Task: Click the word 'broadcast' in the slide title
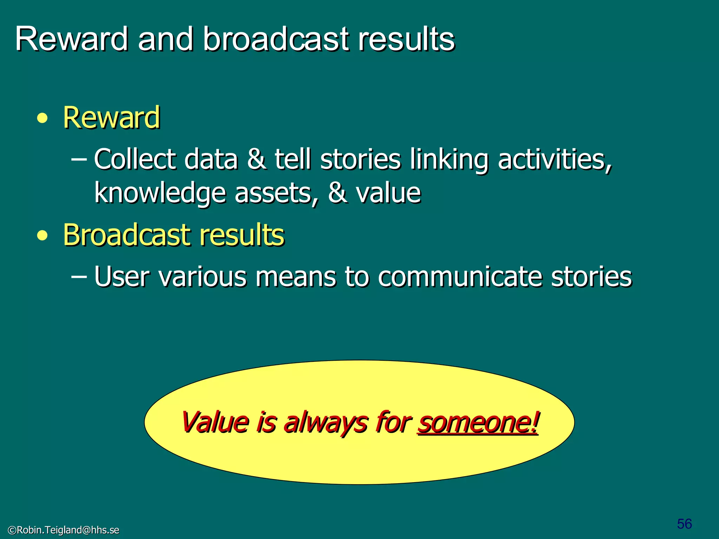276,39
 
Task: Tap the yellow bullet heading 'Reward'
112,118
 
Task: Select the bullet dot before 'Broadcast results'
42,235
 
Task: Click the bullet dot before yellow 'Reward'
42,118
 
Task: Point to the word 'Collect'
134,159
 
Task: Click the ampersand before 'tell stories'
256,159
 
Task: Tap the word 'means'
295,277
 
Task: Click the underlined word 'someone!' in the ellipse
477,422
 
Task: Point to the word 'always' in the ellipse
326,422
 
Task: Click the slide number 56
684,524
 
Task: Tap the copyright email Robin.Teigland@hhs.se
64,530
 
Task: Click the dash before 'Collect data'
79,159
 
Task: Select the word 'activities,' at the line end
555,159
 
